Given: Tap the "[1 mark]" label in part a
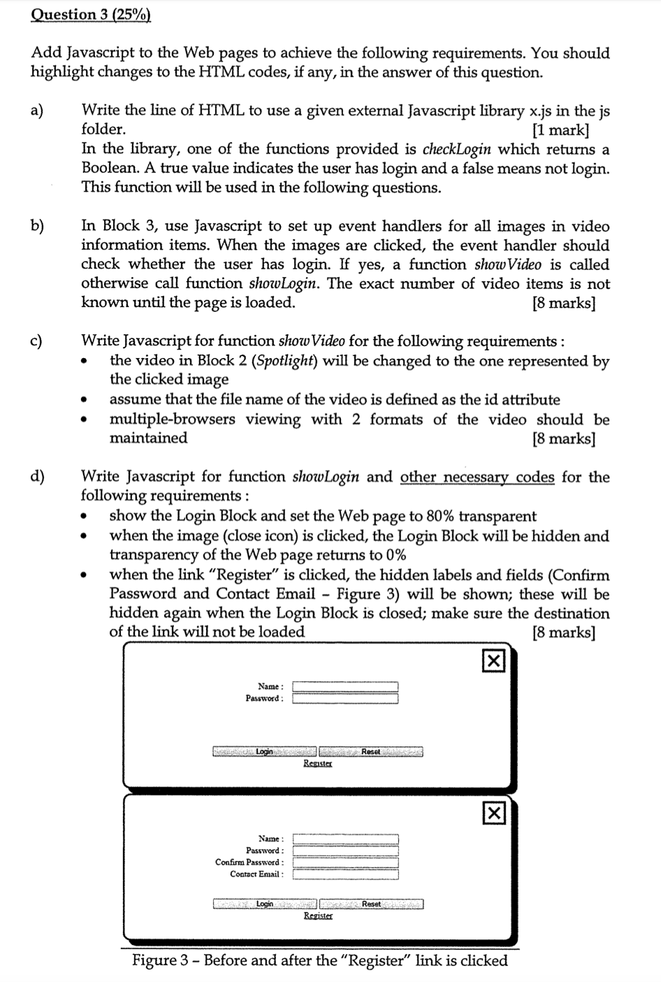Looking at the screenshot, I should [560, 130].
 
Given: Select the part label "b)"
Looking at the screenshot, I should [37, 226].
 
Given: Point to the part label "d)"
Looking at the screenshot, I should [37, 477].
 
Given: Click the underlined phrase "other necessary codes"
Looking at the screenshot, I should [477, 477].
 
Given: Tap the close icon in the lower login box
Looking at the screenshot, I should [493, 813].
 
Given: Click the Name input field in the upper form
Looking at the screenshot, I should [345, 687].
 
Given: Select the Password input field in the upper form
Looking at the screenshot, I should [345, 699].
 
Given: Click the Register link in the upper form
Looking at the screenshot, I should [318, 764].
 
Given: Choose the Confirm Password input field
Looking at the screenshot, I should [345, 862].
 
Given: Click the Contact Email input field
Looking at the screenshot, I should [345, 874].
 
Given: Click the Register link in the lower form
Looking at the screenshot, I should [318, 916].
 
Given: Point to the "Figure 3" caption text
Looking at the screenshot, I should [320, 960].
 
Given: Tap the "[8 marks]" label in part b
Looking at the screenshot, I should [563, 304].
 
